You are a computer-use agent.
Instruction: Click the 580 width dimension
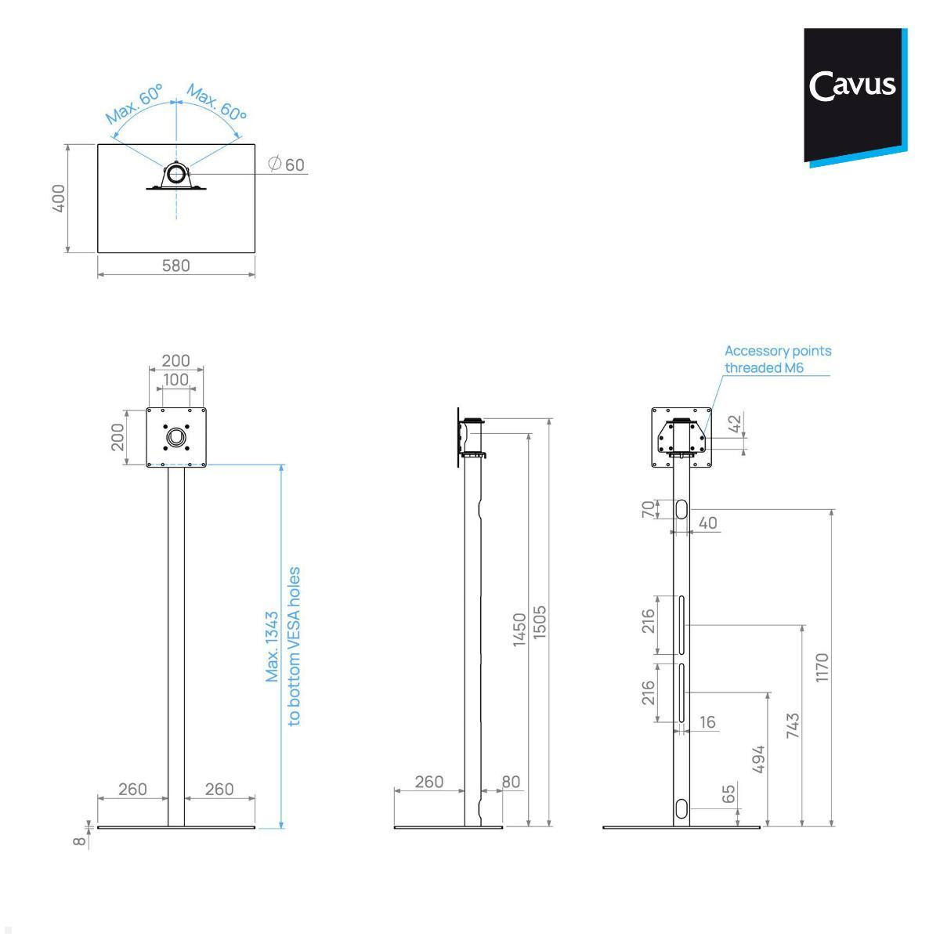175,266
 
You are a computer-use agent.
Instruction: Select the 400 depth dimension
59,198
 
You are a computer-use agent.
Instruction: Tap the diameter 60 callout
287,164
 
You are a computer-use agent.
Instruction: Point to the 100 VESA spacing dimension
175,380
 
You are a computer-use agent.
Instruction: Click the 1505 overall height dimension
540,623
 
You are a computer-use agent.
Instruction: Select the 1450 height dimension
519,630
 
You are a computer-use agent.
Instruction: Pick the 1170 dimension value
822,667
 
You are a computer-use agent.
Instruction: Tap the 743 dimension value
793,725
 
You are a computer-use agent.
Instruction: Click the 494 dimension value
758,759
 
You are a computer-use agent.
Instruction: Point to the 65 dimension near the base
728,794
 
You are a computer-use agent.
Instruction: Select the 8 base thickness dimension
80,841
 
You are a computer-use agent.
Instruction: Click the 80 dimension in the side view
511,782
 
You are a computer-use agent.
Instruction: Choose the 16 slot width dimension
707,722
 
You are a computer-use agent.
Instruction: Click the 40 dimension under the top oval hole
707,522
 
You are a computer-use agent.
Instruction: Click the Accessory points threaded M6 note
777,360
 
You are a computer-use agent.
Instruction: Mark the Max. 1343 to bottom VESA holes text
283,646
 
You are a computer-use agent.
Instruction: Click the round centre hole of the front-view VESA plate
176,436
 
